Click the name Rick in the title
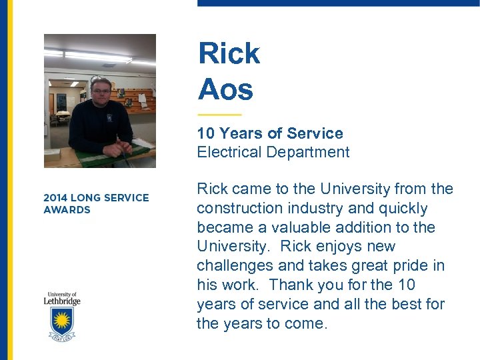[229, 53]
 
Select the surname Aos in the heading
[225, 89]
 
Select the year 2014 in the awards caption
[55, 197]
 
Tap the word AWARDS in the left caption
[67, 209]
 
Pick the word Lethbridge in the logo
[62, 301]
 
